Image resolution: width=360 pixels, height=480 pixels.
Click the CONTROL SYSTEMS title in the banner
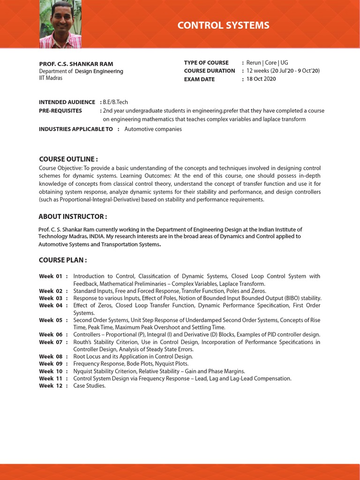pyautogui.click(x=223, y=25)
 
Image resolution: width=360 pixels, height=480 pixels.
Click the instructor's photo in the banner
pyautogui.click(x=60, y=24)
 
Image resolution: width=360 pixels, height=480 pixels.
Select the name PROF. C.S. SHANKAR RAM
pyautogui.click(x=76, y=64)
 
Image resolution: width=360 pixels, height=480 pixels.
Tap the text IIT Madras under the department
pyautogui.click(x=51, y=78)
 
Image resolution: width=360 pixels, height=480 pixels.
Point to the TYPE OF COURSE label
pyautogui.click(x=206, y=62)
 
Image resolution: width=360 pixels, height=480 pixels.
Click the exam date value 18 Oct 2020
pyautogui.click(x=261, y=79)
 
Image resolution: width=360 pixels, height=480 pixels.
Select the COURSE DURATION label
pyautogui.click(x=210, y=71)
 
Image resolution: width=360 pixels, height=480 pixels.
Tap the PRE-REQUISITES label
pyautogui.click(x=60, y=111)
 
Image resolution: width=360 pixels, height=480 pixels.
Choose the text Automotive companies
pyautogui.click(x=153, y=129)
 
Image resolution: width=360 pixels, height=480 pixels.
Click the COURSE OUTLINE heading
pyautogui.click(x=68, y=159)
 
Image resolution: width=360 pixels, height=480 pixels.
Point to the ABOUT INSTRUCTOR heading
pyautogui.click(x=73, y=216)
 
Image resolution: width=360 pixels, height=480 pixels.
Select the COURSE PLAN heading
pyautogui.click(x=63, y=260)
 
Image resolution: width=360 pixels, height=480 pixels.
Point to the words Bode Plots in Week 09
pyautogui.click(x=136, y=364)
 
